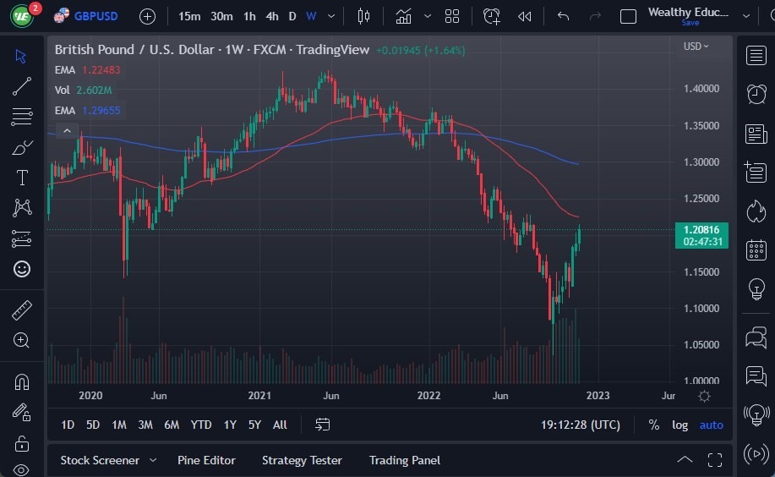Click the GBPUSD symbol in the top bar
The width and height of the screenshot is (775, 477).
coord(96,16)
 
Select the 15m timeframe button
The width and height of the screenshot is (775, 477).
coord(189,16)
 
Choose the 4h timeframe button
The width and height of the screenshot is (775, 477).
coord(271,16)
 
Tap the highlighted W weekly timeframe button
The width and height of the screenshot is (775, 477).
coord(311,16)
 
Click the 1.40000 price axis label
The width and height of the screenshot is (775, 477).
coord(701,89)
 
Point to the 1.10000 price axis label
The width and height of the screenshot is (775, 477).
coord(701,309)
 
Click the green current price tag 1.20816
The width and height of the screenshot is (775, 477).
coord(701,230)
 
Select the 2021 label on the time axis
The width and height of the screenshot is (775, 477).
coord(259,395)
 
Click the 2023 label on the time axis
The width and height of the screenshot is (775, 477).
coord(597,395)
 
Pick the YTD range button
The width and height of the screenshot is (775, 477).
coord(200,425)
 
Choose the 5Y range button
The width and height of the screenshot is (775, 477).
coord(254,425)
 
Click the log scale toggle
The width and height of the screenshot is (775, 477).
coord(679,425)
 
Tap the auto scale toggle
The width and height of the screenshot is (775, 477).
coord(711,425)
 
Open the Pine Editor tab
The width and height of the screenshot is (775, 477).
coord(206,460)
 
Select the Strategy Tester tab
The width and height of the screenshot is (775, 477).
coord(302,460)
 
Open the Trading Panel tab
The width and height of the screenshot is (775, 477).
coord(404,460)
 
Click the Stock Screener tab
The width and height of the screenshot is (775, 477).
coord(100,460)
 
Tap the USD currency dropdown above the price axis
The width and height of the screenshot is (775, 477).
coord(696,47)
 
